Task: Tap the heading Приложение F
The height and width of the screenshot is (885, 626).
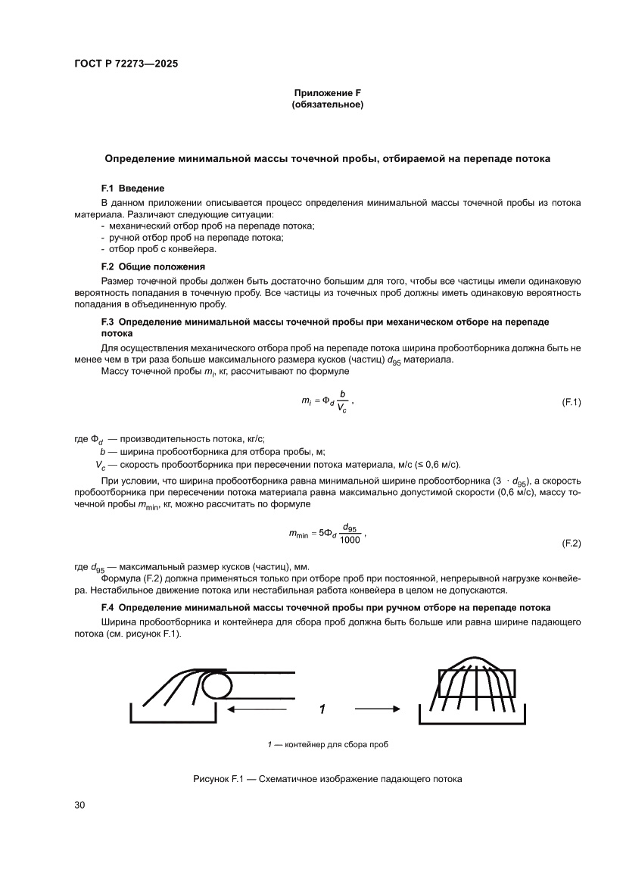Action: coord(327,93)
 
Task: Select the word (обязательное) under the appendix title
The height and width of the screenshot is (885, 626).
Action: coord(327,105)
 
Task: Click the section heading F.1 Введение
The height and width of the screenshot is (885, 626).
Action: coord(132,187)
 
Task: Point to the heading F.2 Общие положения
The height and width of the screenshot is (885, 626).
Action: coord(156,266)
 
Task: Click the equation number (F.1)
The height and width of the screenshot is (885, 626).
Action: coord(570,402)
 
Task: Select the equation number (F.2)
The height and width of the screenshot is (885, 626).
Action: coord(570,544)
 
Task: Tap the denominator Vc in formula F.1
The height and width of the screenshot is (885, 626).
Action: coord(343,409)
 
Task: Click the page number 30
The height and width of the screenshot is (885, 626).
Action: coord(79,805)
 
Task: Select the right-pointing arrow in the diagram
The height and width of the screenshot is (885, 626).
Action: coord(376,709)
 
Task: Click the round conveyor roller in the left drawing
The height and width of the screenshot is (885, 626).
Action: coord(218,686)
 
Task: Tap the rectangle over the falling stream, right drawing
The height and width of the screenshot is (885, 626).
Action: coord(477,683)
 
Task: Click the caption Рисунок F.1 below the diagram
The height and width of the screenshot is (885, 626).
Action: coord(327,778)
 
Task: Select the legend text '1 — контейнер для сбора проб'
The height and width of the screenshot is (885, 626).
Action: coord(327,745)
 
